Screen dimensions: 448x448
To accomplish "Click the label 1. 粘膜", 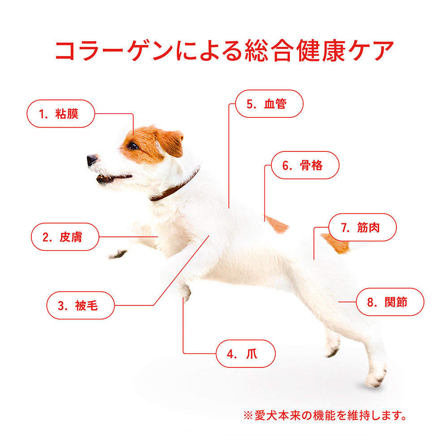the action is [x=60, y=114].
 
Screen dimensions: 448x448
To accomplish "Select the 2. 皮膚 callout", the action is [x=65, y=237].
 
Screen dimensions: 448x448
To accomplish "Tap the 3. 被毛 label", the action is [x=80, y=306].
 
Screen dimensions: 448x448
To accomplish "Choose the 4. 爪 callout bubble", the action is [x=246, y=354].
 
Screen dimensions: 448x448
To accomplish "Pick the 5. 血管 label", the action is [x=269, y=104].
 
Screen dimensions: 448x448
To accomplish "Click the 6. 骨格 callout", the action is [x=305, y=165].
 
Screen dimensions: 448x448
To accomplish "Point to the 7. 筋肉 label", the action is [x=362, y=228].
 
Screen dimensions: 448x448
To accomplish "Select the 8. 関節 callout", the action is [x=390, y=302].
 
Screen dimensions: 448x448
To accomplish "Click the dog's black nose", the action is [x=92, y=160].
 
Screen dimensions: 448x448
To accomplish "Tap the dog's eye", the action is [x=133, y=146].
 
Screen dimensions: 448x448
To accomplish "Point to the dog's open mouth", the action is [x=112, y=179].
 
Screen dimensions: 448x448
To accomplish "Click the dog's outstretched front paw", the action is [x=118, y=254].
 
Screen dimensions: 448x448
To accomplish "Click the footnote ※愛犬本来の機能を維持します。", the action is [x=325, y=415].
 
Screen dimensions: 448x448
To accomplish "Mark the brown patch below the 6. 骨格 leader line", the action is [x=276, y=224].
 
